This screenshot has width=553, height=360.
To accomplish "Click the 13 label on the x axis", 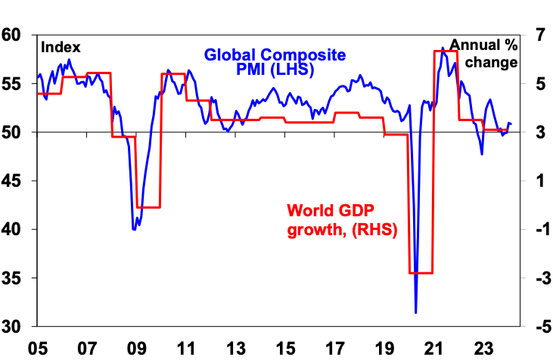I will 237,350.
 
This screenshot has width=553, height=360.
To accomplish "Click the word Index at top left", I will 61,47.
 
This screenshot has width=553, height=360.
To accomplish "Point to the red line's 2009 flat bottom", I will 148,206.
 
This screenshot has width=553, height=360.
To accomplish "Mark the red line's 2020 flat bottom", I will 420,273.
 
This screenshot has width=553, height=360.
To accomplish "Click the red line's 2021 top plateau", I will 446,51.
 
